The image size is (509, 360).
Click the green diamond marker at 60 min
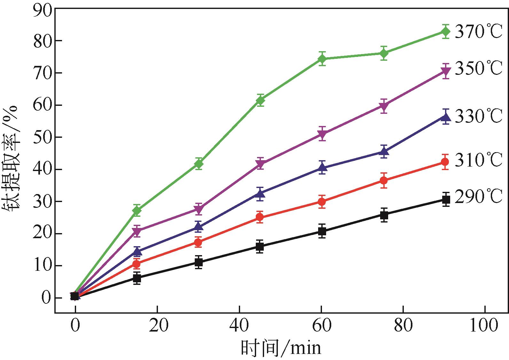[322, 59]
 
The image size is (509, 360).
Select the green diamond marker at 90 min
[445, 31]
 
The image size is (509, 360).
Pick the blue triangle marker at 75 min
[384, 152]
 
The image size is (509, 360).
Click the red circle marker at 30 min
[198, 242]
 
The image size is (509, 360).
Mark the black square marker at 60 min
[322, 231]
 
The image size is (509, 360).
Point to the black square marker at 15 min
[137, 278]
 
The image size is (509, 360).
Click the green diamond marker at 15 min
[137, 210]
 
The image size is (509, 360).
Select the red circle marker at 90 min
[445, 162]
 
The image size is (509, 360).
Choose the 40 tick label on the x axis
[239, 325]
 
